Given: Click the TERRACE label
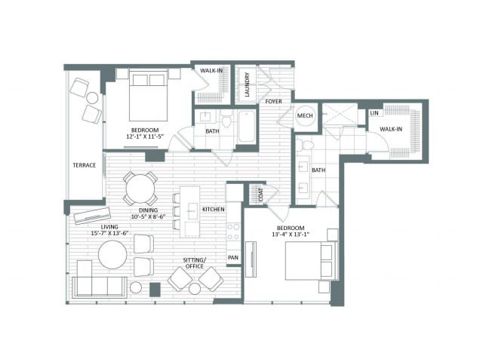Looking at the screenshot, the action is (84, 165).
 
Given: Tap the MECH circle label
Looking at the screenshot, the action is (305, 115).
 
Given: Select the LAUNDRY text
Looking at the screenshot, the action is (247, 84).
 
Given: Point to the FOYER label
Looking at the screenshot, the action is (273, 101).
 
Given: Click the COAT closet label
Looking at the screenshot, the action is (261, 195).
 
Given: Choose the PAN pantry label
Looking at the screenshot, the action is (233, 257).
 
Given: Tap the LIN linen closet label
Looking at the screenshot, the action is (374, 113).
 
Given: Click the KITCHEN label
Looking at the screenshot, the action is (213, 210).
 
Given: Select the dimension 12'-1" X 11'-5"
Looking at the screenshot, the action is (144, 137).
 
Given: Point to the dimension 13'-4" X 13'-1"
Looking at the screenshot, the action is (291, 235).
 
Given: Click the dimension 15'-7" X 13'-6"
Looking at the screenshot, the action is (109, 233).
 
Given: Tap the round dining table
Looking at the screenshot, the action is (140, 189).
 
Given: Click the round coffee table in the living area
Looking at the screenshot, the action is (112, 255).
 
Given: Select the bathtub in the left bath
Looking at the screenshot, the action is (247, 127).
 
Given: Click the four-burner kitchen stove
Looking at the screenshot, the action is (233, 232).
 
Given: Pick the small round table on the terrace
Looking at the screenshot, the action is (92, 98).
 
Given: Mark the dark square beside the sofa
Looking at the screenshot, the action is (155, 290).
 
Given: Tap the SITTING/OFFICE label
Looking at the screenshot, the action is (194, 263).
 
